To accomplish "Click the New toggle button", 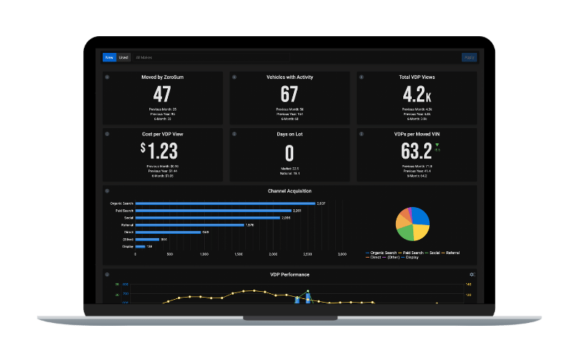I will point(109,57).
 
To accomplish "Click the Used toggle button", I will point(123,57).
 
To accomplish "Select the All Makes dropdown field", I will point(210,57).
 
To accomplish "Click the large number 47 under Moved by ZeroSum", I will point(162,94).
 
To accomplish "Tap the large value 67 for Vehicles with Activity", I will point(289,94).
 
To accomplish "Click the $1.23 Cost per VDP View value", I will point(159,151).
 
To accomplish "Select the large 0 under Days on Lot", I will point(289,153).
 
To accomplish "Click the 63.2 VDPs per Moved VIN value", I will point(416,151).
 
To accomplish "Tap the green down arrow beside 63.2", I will point(437,145).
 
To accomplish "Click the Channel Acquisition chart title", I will point(289,191).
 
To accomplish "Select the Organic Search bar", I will point(225,203).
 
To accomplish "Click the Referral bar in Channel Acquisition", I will point(189,225).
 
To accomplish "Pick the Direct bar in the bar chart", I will point(168,232).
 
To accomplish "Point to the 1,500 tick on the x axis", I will point(239,255).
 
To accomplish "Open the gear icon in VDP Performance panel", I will point(472,274).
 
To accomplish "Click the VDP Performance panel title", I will point(289,274).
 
